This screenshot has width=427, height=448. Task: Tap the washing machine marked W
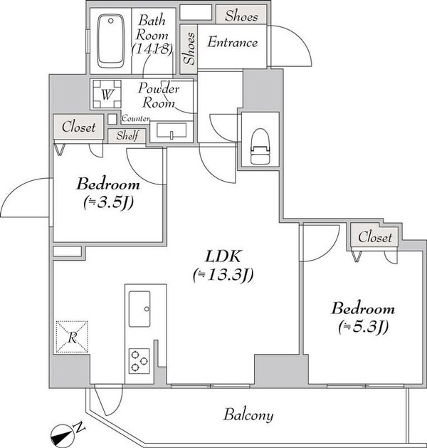tap(105, 93)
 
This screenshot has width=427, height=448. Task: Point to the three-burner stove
tap(139, 360)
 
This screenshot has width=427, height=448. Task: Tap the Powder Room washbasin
tap(171, 130)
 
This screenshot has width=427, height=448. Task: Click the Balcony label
tap(248, 415)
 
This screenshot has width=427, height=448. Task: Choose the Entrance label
tap(232, 43)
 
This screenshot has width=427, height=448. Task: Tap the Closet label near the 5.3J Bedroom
tap(374, 236)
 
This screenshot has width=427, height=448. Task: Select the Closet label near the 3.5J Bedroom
tap(78, 127)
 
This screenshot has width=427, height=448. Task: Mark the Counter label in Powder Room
tap(135, 118)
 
